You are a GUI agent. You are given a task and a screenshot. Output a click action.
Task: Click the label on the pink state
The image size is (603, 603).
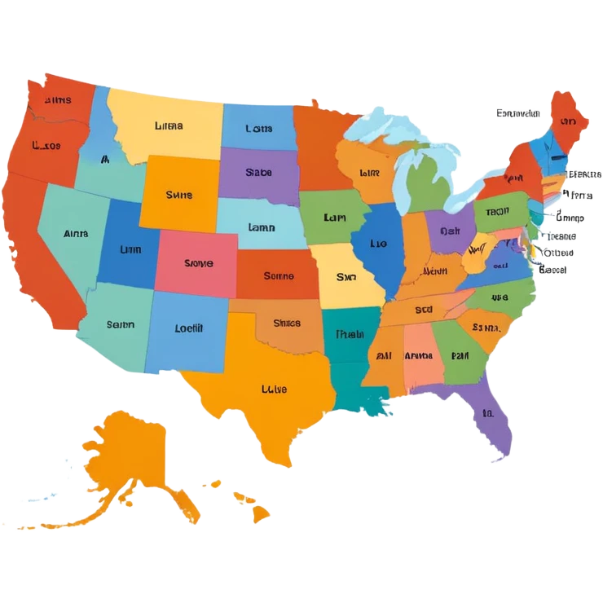(198, 263)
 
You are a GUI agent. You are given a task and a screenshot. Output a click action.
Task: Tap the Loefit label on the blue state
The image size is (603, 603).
(188, 328)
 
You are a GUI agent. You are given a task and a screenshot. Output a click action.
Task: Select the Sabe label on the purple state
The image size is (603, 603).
(258, 173)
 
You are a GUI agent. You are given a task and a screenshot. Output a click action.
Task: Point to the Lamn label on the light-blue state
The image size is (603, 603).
(261, 228)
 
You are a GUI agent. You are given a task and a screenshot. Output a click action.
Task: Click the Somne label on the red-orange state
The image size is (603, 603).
(279, 276)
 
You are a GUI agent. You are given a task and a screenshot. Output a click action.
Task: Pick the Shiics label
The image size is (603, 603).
(287, 323)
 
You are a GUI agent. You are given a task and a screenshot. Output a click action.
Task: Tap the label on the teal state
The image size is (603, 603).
(350, 333)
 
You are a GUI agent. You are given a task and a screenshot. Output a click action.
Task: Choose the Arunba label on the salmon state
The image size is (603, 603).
(418, 355)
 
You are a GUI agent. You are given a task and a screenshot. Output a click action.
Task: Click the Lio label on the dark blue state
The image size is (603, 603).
(378, 243)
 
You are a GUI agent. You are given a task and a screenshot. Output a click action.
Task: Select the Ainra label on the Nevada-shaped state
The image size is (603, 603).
(75, 233)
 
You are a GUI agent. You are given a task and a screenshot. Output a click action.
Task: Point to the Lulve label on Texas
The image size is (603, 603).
(274, 390)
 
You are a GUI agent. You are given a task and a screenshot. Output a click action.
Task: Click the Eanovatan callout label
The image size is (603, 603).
(518, 113)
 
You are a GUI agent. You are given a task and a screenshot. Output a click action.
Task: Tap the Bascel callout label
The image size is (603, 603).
(552, 269)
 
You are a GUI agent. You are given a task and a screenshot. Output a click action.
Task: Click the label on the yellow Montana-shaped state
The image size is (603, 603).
(168, 126)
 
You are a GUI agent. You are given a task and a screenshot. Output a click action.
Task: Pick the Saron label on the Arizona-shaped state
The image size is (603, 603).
(120, 324)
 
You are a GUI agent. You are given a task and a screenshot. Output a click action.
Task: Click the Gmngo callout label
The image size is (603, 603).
(570, 218)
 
